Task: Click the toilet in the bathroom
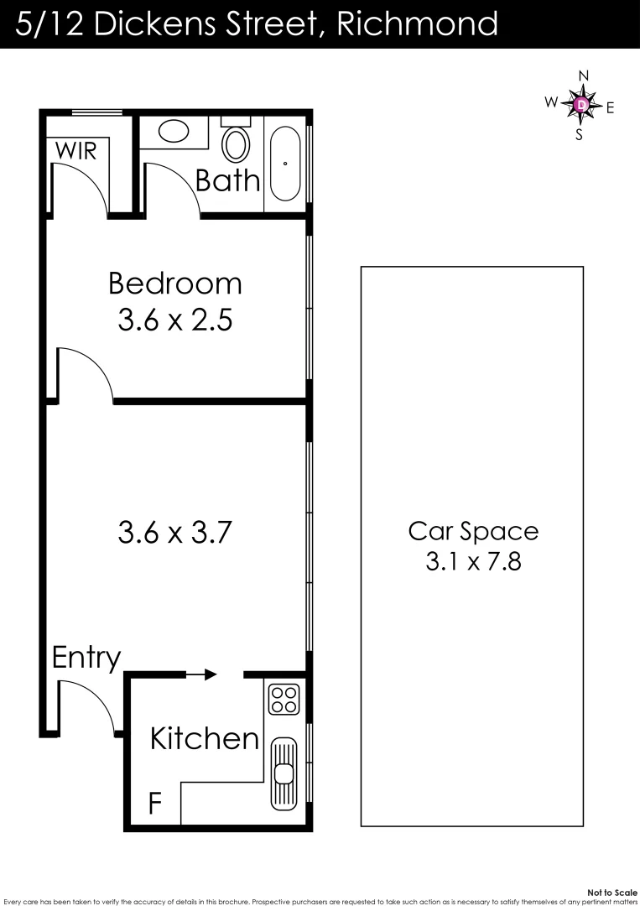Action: point(236,143)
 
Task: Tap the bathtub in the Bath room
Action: point(286,163)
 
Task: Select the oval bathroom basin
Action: point(174,131)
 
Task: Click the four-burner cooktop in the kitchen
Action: point(284,699)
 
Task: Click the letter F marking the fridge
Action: point(155,803)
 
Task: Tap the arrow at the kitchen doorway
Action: point(202,674)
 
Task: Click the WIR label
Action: point(76,151)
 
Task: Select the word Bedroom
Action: point(174,284)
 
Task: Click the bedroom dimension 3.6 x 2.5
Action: point(174,320)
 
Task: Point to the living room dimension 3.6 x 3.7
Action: point(174,532)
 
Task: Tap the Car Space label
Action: point(473,531)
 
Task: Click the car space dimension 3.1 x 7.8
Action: point(473,561)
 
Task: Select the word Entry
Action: point(86,659)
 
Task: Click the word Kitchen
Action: point(205,738)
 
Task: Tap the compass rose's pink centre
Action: point(581,105)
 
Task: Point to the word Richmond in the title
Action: point(416,23)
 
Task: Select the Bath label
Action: point(227,180)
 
